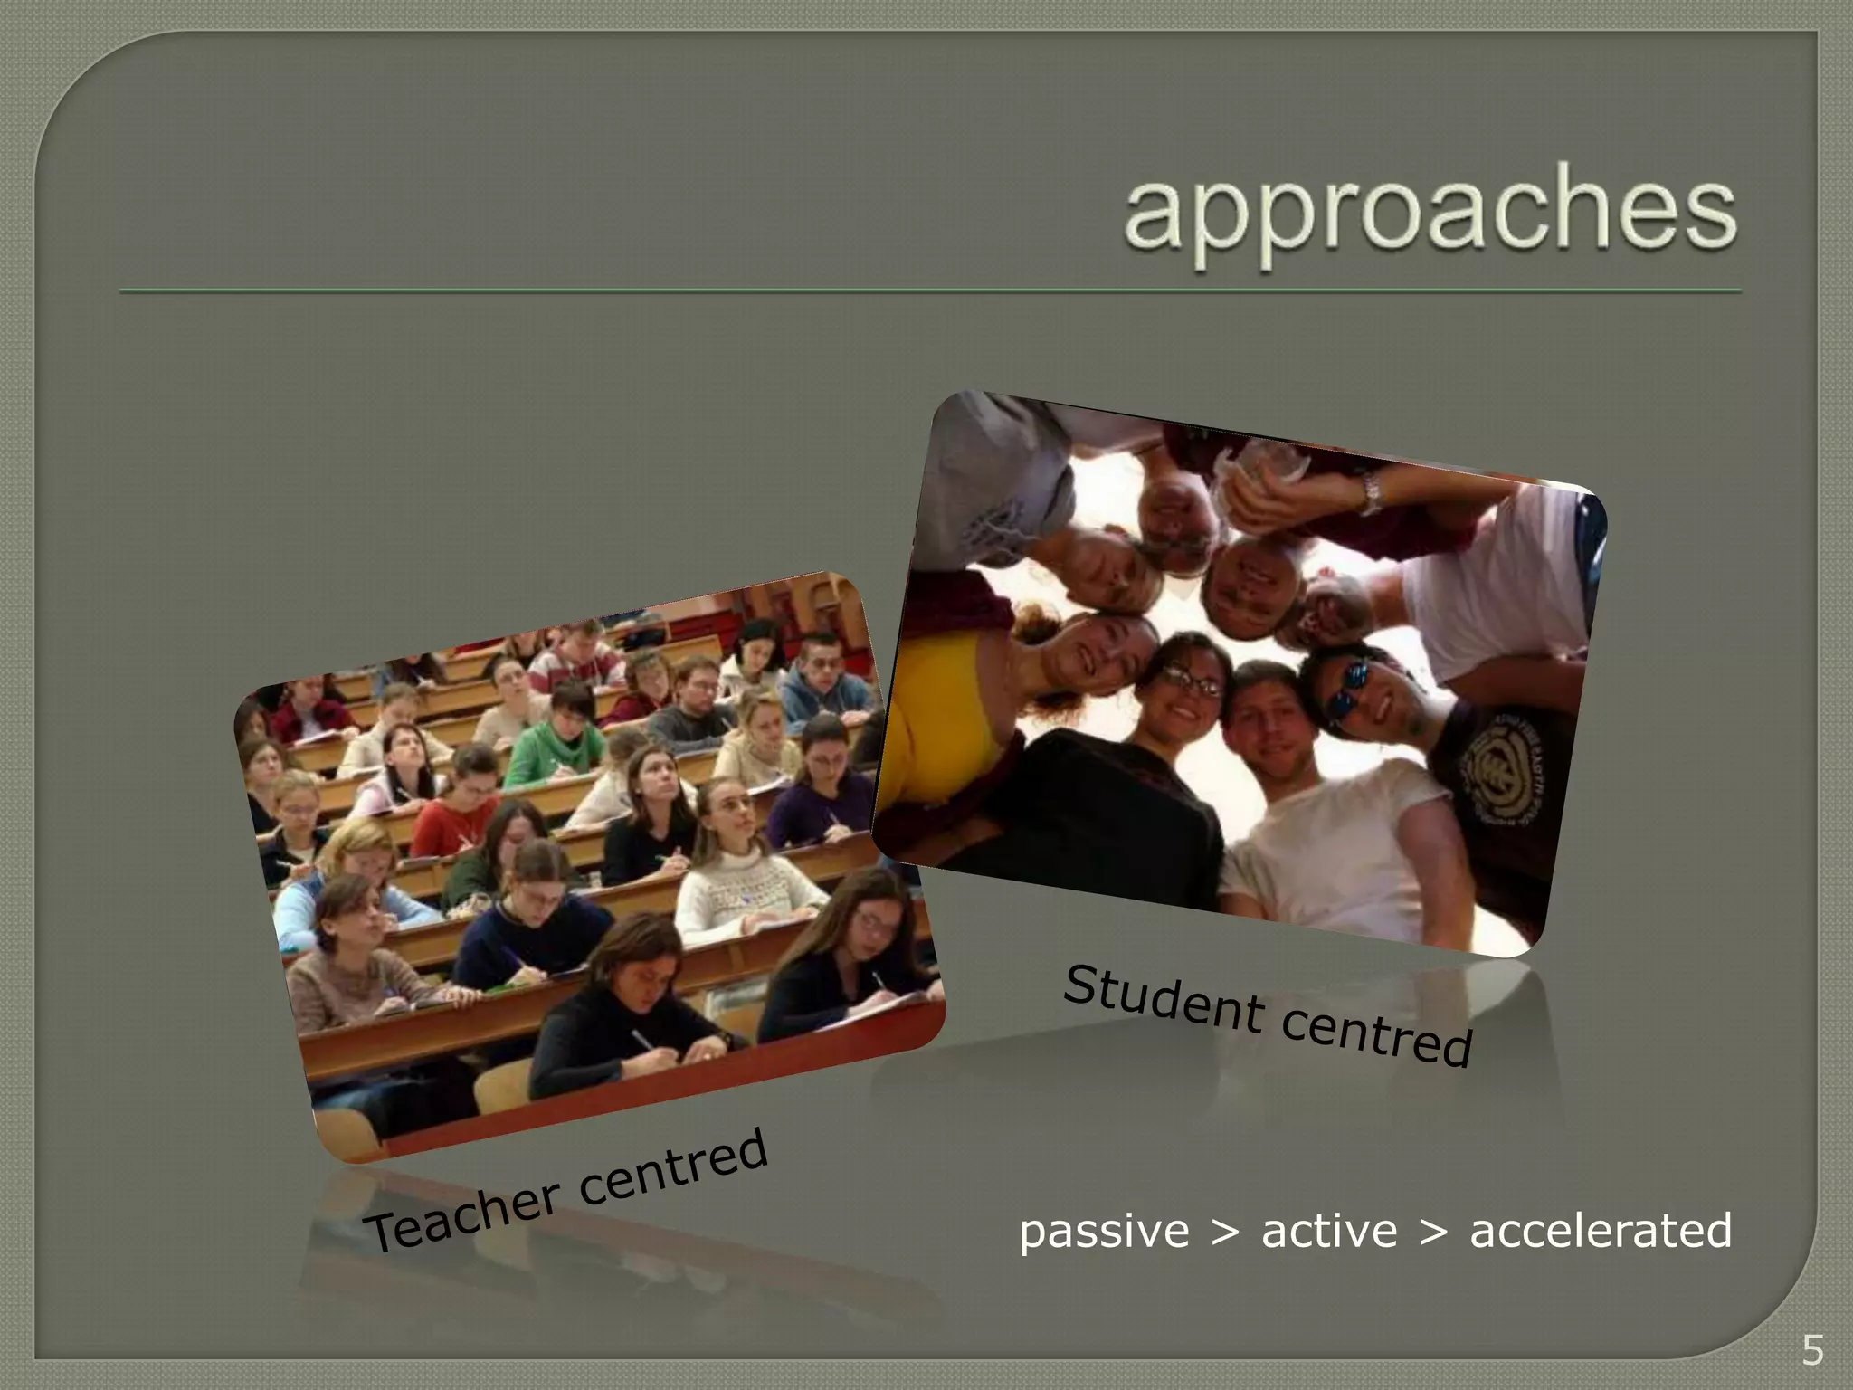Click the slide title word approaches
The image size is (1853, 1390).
1430,214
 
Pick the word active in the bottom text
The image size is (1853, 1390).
1329,1231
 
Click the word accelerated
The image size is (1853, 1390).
1601,1231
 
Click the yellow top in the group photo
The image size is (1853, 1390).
941,715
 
